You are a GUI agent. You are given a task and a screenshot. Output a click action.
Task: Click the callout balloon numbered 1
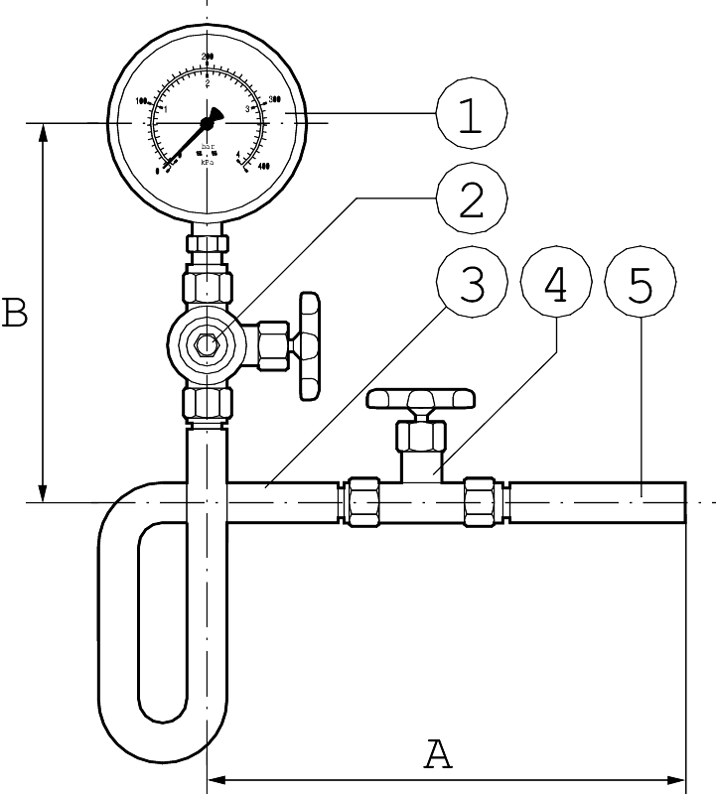point(471,116)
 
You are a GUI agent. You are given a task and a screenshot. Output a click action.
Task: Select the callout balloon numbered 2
point(471,201)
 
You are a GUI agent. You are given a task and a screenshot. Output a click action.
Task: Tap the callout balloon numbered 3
point(471,286)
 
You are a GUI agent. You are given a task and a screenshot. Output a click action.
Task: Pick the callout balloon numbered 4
point(556,286)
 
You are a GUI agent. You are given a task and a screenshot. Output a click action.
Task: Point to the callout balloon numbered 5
point(641,286)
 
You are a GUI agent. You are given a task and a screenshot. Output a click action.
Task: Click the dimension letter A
point(438,754)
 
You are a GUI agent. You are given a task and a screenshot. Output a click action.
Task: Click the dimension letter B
point(15,314)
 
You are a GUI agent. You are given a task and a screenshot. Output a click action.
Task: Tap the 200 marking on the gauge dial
point(208,57)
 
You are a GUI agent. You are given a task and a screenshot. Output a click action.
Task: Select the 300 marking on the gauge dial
point(275,99)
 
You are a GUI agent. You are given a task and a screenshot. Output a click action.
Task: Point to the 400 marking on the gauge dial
point(264,166)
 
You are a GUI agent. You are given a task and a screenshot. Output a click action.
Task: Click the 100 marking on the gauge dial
point(140,100)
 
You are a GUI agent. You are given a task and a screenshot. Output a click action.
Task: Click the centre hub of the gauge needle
point(208,122)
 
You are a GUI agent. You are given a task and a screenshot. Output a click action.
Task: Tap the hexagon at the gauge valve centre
point(207,344)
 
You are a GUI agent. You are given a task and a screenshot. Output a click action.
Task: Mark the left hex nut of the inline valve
point(361,502)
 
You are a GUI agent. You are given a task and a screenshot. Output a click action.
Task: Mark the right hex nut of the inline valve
point(481,502)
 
